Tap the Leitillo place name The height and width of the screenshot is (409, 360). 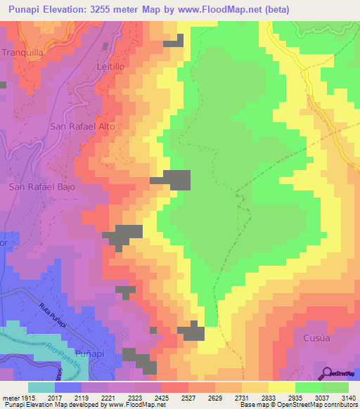click(x=109, y=65)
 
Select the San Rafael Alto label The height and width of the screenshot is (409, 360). click(x=82, y=126)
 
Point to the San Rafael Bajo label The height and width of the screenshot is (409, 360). click(x=41, y=188)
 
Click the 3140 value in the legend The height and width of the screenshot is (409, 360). click(x=347, y=397)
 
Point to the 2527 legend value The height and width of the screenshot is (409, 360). click(x=187, y=397)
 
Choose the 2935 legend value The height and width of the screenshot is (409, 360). click(x=294, y=397)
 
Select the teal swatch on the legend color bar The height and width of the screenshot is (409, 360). click(x=41, y=387)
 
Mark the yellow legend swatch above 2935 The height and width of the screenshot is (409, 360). click(x=281, y=387)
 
